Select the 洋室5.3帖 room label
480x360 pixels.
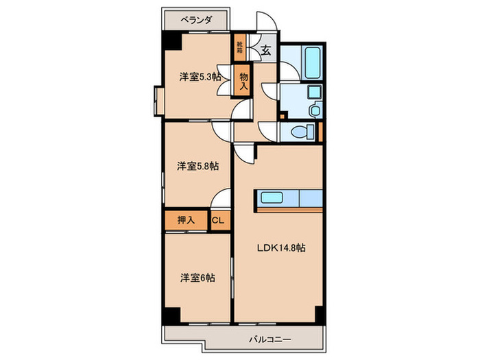(x=200, y=77)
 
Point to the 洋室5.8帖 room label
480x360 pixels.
(x=197, y=165)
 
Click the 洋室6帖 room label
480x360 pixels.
(x=197, y=278)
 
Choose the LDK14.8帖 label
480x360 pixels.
(x=281, y=248)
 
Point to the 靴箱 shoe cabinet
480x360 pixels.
(x=239, y=47)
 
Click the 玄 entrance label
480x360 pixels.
(x=265, y=49)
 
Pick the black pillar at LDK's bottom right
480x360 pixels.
(x=318, y=316)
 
